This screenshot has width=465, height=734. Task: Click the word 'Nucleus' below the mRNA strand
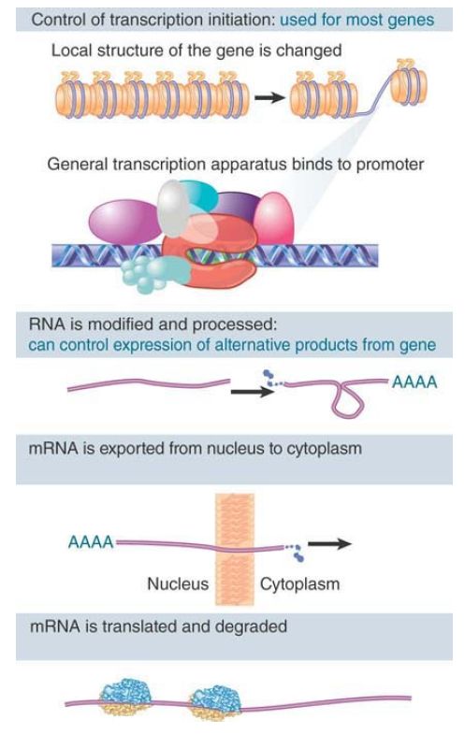point(178,583)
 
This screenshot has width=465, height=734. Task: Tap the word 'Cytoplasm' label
point(299,584)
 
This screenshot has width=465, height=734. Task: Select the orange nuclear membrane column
point(235,549)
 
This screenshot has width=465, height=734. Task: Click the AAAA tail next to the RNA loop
point(414,382)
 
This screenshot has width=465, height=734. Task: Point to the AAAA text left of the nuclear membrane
point(91,542)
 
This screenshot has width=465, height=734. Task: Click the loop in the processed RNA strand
point(347,398)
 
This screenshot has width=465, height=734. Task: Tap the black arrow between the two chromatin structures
point(269,97)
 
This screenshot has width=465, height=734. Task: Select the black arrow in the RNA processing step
point(252,392)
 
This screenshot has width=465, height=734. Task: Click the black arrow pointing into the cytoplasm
point(329,543)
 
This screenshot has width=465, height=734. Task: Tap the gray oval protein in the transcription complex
point(173,209)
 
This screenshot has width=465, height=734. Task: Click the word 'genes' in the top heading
point(413,21)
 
